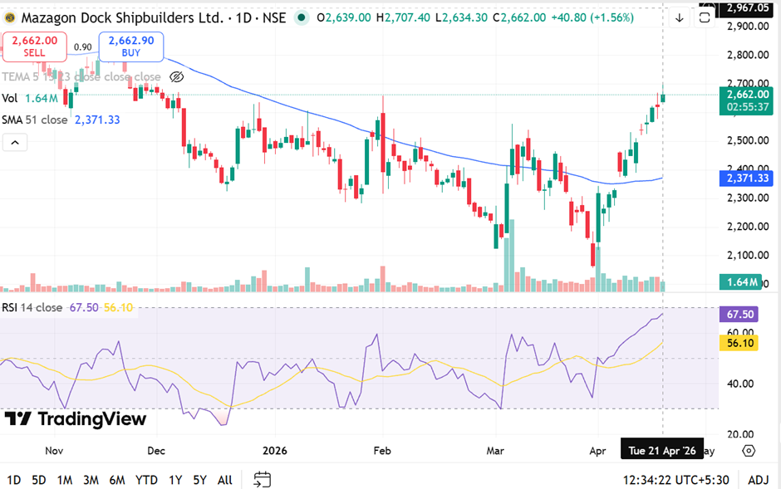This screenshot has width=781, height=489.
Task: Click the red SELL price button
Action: (34, 46)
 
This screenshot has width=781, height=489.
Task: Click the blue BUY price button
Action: (131, 46)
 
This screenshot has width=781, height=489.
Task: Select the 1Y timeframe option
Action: (175, 480)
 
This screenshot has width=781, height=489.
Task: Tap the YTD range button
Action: (146, 480)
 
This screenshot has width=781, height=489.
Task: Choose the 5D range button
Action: (39, 480)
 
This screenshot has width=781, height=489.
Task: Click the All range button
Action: (224, 480)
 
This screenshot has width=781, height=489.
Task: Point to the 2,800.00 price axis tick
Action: (744, 56)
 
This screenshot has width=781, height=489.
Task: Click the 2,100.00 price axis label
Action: (744, 255)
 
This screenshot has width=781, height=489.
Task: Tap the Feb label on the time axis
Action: (381, 451)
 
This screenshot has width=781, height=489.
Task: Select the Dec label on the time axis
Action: (156, 451)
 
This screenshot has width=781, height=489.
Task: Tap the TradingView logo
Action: (75, 419)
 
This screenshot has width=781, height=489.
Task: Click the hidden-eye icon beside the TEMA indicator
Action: (176, 77)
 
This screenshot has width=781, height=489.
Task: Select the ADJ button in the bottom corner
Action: (758, 480)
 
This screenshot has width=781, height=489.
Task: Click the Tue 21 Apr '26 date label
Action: (662, 451)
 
